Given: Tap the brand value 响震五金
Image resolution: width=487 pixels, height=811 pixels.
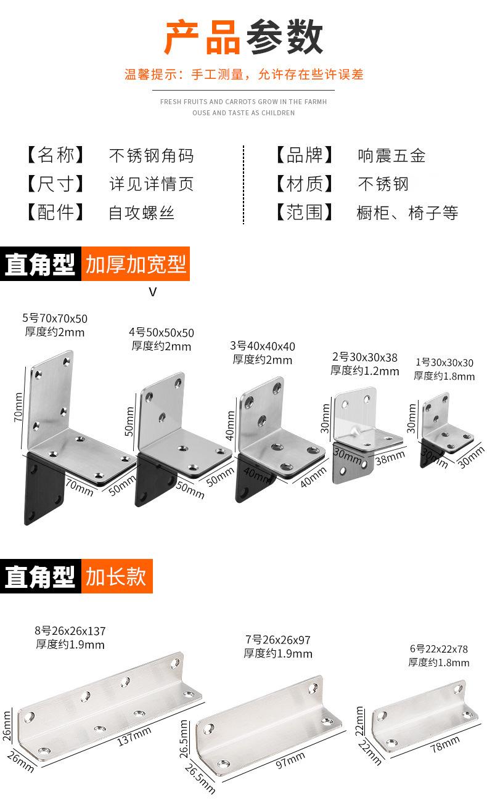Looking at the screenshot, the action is point(391,156).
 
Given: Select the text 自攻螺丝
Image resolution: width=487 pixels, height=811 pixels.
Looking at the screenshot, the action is point(142,213).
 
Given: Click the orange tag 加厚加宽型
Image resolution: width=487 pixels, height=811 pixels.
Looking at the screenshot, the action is point(136,264).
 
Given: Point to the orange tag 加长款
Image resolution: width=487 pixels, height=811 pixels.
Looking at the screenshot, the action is point(117,577).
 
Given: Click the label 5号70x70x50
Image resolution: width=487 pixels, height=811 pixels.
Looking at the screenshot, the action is point(55,319).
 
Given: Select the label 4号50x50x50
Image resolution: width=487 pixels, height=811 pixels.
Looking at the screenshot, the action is point(161,333).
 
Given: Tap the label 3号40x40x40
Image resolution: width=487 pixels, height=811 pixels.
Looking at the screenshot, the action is point(262,346).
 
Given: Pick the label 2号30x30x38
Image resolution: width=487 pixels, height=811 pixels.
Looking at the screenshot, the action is point(365,357).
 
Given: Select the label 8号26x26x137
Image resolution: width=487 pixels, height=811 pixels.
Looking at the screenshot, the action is point(70,631).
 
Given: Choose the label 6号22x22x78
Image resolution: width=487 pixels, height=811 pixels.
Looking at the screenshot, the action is point(438,649).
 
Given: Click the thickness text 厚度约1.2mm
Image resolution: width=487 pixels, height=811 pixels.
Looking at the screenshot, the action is point(364,370).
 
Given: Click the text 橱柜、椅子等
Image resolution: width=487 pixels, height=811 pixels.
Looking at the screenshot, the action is point(407,213).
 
